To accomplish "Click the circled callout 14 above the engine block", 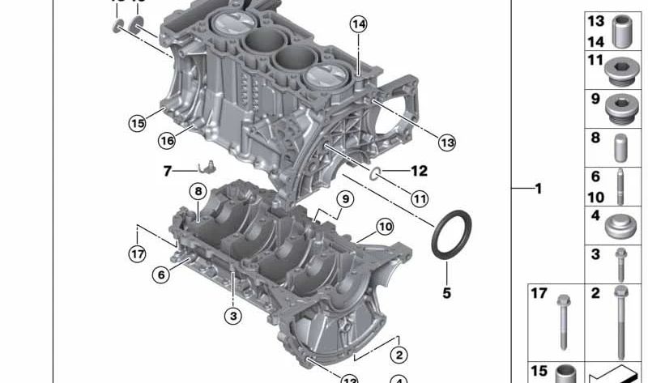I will click(x=358, y=23).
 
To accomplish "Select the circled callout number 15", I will click(x=137, y=123).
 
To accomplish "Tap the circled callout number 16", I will click(x=166, y=140).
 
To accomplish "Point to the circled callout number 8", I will click(x=197, y=191).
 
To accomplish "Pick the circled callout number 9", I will click(x=344, y=198).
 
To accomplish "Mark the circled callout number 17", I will click(x=137, y=254).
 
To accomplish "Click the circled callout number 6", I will click(x=161, y=275).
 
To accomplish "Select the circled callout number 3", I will click(x=233, y=315).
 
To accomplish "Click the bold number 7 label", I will click(x=168, y=171).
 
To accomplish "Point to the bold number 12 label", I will click(x=418, y=171).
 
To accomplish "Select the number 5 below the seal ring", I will click(x=446, y=292).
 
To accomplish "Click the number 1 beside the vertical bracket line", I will click(x=537, y=189).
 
